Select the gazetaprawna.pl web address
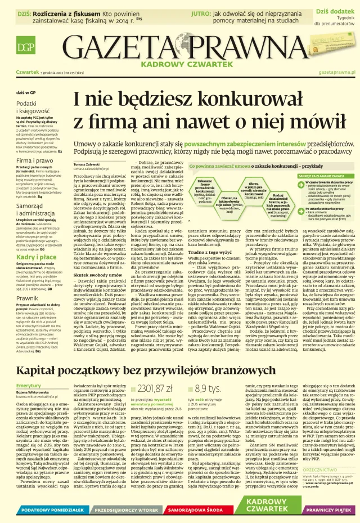coord(337,73)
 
